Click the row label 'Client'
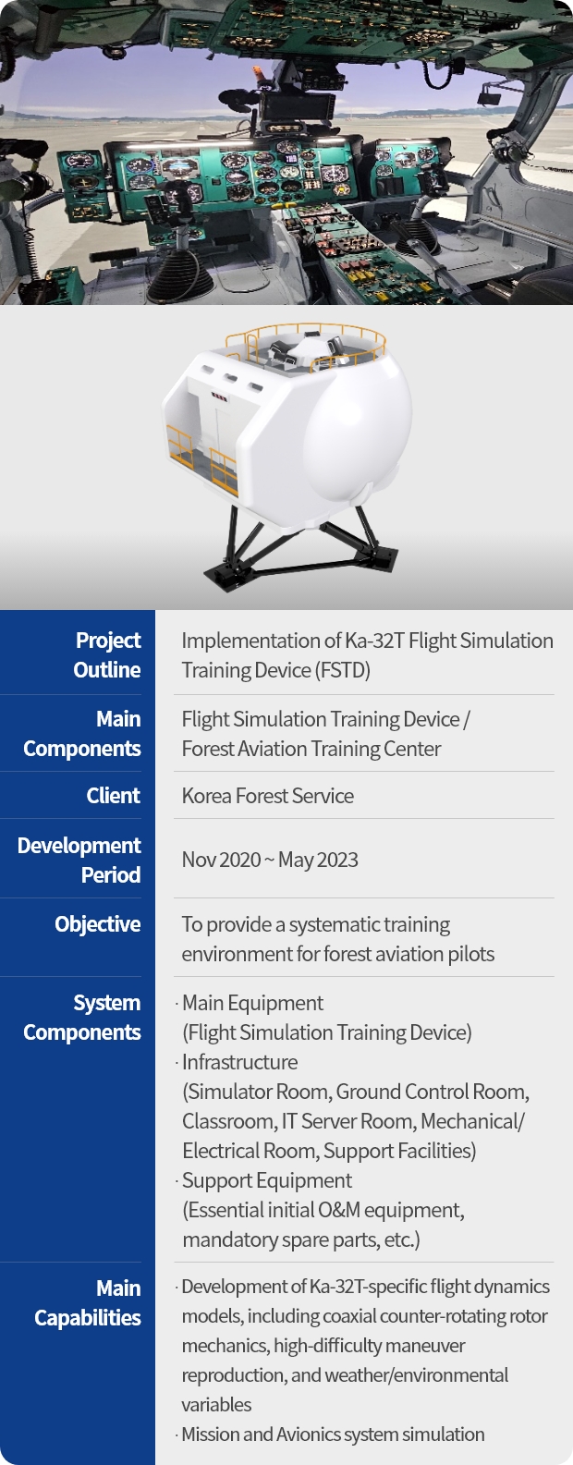113,795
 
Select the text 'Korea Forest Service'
267,796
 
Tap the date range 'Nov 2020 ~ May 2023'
270,860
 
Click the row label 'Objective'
97,924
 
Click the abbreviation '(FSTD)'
343,670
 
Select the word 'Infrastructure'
240,1062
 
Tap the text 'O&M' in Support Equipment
339,1210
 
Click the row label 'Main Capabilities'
88,1303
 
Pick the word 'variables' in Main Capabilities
216,1405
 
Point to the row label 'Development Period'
79,860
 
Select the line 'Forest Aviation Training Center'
311,749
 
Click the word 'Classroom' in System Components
229,1122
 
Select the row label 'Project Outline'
107,655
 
